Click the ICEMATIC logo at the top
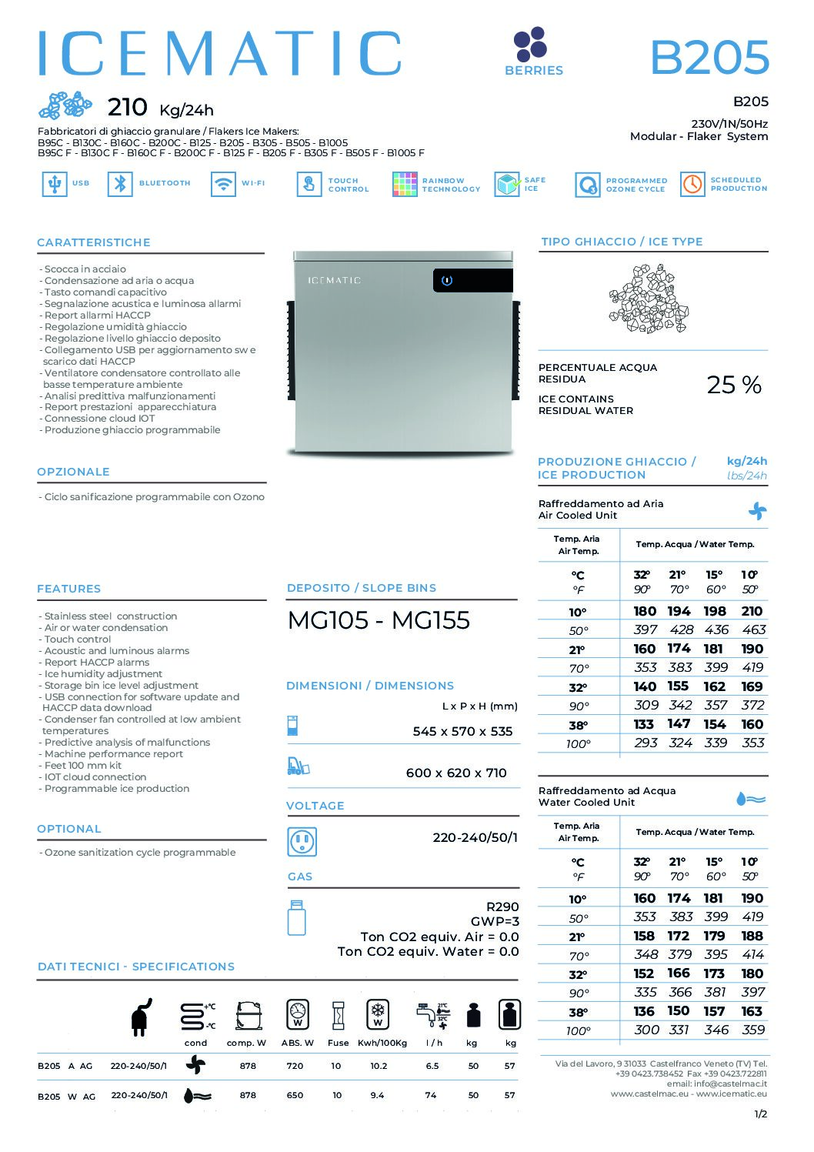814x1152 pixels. [x=220, y=54]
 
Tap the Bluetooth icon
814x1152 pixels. [x=120, y=184]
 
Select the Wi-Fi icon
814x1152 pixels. [x=223, y=184]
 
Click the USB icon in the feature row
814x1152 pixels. [x=54, y=184]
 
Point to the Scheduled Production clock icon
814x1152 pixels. [x=692, y=184]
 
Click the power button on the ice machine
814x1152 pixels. [x=447, y=281]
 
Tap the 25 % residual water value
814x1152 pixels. [x=734, y=385]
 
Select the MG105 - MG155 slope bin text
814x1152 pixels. [x=379, y=621]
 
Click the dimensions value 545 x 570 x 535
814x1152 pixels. [x=462, y=731]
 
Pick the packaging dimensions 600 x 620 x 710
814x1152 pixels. [x=456, y=773]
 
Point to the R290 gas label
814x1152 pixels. [x=502, y=907]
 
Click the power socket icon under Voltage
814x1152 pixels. [x=302, y=841]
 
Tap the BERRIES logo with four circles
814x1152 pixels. [x=530, y=45]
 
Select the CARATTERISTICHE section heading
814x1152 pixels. [x=94, y=242]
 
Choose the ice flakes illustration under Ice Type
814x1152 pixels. [x=648, y=299]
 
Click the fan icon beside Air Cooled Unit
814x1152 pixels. [x=757, y=510]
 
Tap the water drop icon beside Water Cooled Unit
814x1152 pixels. [x=750, y=799]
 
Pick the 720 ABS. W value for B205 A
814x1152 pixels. [x=295, y=1066]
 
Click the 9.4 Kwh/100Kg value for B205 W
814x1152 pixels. [x=377, y=1095]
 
